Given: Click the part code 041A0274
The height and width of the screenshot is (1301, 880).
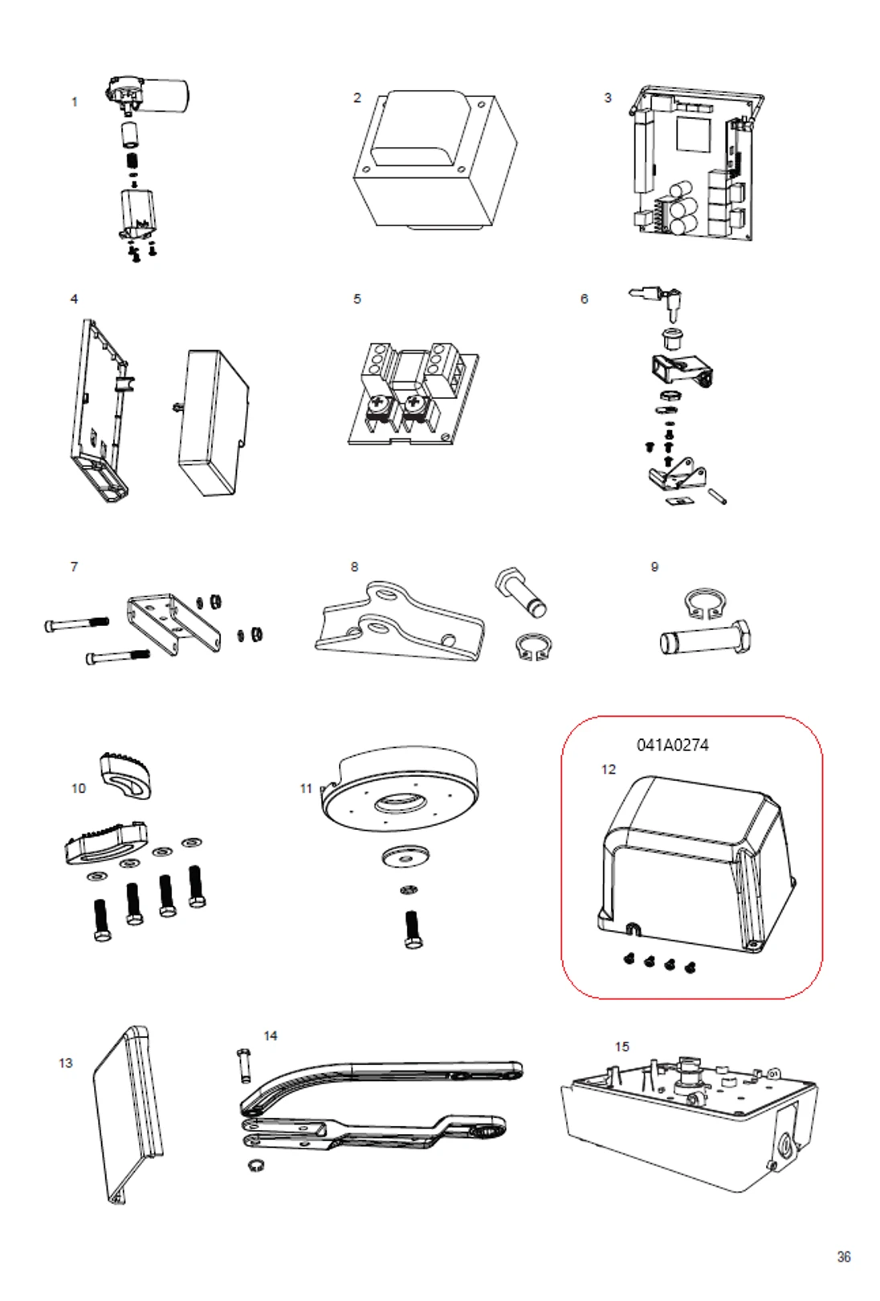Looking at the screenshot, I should click(672, 745).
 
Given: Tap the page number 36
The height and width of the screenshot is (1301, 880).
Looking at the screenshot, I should click(843, 1257).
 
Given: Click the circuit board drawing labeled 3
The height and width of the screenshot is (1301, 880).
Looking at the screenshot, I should click(695, 165).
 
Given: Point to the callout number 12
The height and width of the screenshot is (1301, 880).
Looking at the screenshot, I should click(608, 770).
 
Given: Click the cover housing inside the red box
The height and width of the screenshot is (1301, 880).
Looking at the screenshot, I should click(695, 863).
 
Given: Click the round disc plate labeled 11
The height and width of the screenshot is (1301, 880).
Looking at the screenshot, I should click(399, 791).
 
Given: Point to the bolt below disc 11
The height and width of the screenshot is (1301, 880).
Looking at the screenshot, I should click(413, 929).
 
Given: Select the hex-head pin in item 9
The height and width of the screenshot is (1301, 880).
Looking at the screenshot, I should click(705, 640).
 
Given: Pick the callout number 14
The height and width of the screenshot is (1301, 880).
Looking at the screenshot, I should click(271, 1036).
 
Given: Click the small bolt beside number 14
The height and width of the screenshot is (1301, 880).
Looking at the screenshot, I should click(245, 1064).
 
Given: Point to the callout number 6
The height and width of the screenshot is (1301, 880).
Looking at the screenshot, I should click(584, 299).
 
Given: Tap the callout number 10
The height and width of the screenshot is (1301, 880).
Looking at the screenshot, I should click(78, 788).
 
